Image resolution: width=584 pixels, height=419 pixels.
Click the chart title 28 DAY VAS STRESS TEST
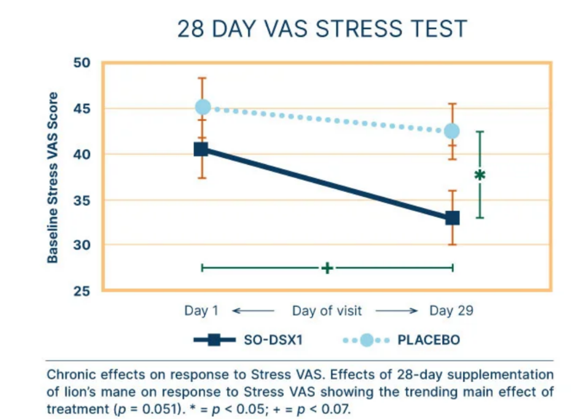[322, 29]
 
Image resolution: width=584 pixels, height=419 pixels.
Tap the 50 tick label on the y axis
[82, 63]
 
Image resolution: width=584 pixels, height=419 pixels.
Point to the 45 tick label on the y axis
[82, 108]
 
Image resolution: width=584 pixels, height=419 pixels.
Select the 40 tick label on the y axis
[82, 154]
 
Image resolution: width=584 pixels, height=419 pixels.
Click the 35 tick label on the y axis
[82, 200]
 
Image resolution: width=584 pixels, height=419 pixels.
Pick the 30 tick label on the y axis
[82, 245]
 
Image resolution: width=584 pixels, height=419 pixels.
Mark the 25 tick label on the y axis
[82, 291]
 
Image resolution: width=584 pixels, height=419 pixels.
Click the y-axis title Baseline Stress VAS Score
[53, 178]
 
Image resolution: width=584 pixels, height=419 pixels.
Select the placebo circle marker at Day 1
[203, 107]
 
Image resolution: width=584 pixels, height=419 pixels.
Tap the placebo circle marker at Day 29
[452, 131]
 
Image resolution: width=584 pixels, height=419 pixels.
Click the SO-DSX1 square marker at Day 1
[201, 149]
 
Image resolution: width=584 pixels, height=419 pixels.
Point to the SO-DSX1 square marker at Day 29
[453, 218]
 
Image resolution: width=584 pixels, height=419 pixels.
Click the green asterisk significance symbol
[480, 175]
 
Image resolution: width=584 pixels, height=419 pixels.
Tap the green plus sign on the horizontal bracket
[327, 268]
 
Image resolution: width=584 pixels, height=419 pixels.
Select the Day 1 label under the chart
[201, 311]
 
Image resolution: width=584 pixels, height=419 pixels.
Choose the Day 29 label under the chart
[451, 311]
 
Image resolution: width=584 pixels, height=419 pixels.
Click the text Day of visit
[327, 311]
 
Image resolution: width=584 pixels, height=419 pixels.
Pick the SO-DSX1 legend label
[273, 340]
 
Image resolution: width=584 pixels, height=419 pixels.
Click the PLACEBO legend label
[429, 340]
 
